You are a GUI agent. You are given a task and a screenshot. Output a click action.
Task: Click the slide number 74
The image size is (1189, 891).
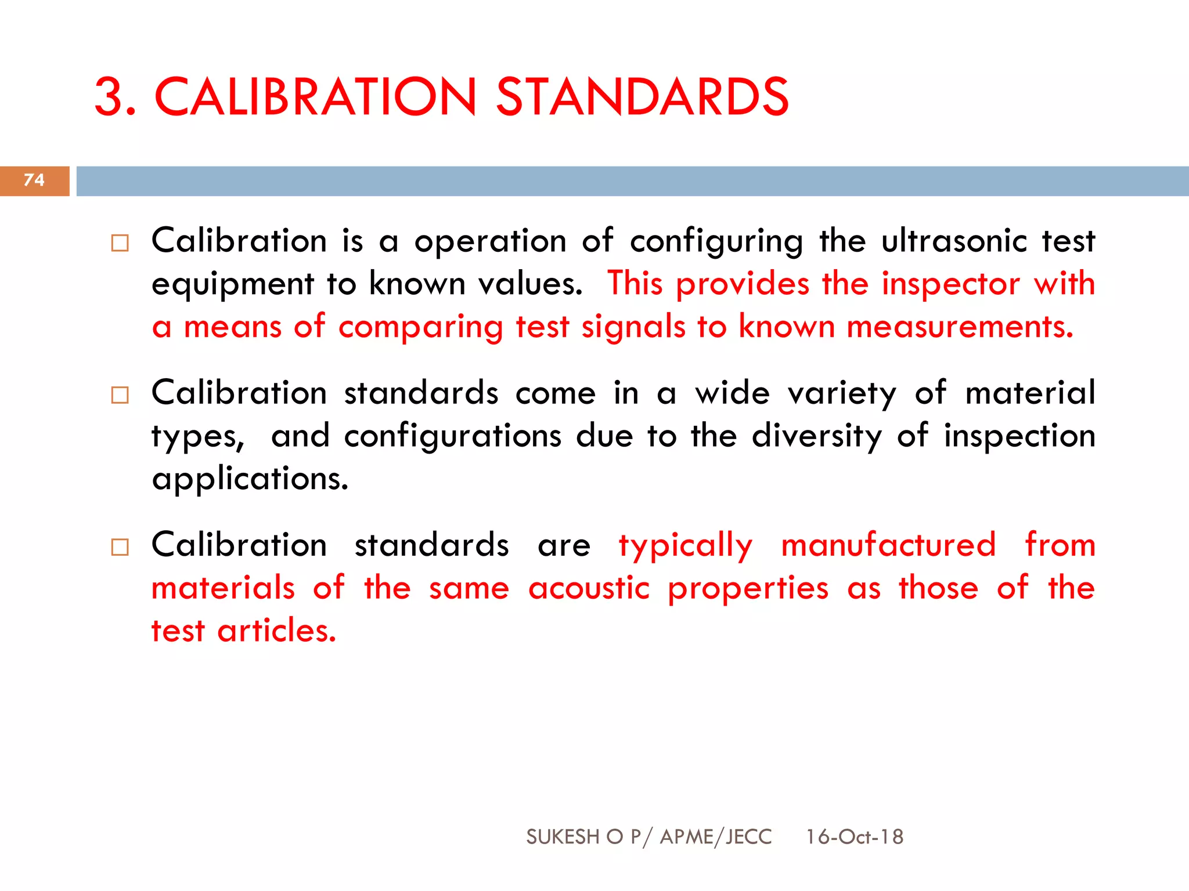tap(34, 180)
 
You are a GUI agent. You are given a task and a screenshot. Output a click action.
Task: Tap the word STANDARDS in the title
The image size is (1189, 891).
tap(642, 97)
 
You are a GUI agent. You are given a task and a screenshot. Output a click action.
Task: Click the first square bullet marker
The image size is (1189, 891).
tap(120, 243)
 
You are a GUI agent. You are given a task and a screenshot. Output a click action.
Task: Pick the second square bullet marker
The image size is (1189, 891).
tap(120, 395)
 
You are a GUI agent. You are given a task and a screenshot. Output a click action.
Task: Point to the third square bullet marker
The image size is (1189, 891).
tap(120, 547)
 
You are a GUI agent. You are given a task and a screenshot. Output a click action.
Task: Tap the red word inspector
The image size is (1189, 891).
tap(950, 284)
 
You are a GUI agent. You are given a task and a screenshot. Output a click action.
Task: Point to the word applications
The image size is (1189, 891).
tap(250, 479)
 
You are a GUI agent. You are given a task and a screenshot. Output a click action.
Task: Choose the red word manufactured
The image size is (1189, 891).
tap(888, 545)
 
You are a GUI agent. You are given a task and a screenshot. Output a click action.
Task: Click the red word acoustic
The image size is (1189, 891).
tap(589, 588)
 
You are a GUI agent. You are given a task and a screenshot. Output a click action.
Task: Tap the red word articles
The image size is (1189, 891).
tap(276, 631)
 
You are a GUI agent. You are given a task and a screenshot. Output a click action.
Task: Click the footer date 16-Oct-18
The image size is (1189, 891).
tap(854, 836)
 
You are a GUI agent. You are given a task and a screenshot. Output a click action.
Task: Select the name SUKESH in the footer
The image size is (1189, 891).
tap(563, 836)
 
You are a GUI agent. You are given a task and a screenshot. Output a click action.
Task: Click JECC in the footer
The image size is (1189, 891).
tap(749, 836)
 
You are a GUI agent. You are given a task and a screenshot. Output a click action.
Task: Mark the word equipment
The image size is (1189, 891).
tap(232, 285)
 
